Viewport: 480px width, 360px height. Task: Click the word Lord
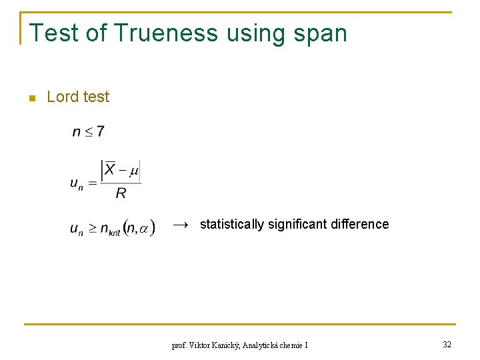63,97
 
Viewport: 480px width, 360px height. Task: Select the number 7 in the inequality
100,131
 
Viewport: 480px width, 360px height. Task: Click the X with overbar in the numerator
110,171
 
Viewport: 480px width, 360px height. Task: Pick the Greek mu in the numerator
134,171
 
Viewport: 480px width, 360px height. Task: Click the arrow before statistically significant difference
181,225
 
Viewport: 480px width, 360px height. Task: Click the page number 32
447,345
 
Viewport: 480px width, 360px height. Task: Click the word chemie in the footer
294,345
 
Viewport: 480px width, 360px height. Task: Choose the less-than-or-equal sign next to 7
88,132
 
